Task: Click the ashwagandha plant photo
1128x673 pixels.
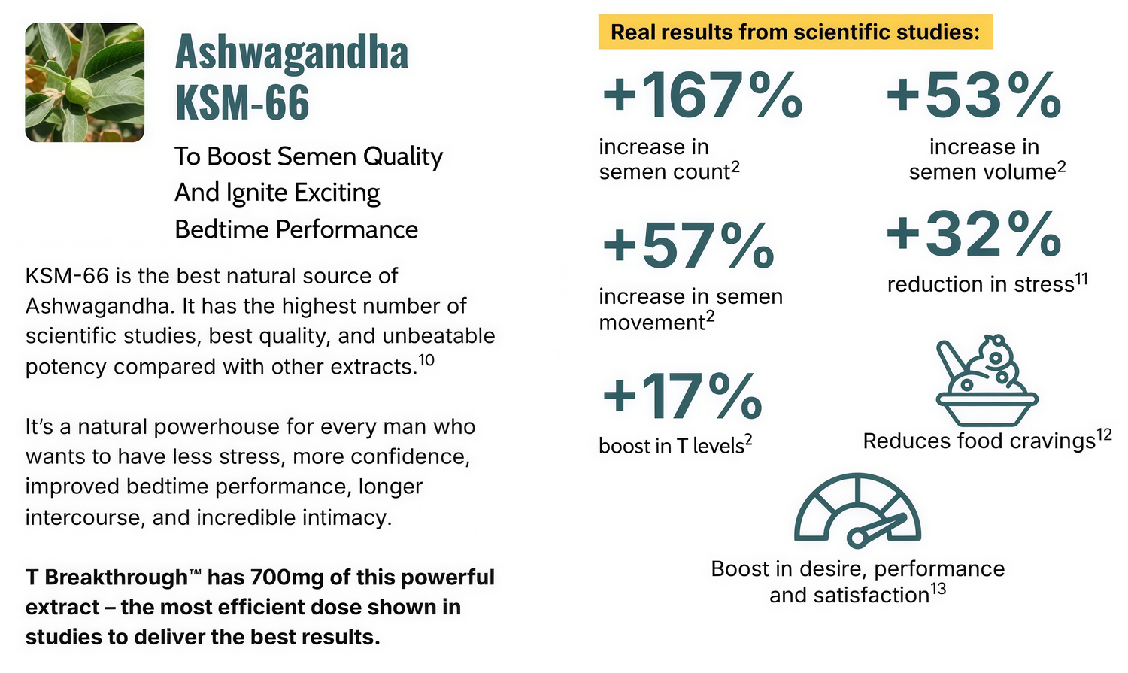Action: [84, 82]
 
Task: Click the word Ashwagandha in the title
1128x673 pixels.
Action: [292, 53]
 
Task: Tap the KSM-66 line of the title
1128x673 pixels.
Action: [242, 102]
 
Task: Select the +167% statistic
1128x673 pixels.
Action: [702, 95]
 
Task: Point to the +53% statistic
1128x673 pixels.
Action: [973, 95]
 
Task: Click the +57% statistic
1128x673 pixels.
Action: [688, 245]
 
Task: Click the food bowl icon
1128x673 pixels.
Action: [986, 380]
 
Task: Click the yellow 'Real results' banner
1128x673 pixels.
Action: [795, 32]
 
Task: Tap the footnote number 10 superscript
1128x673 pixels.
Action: [426, 359]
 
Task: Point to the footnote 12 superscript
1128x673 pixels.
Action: [1104, 434]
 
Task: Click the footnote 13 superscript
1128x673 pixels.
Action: [938, 589]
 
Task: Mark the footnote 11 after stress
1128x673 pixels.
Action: [1081, 279]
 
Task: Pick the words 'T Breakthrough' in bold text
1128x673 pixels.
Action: [106, 578]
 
